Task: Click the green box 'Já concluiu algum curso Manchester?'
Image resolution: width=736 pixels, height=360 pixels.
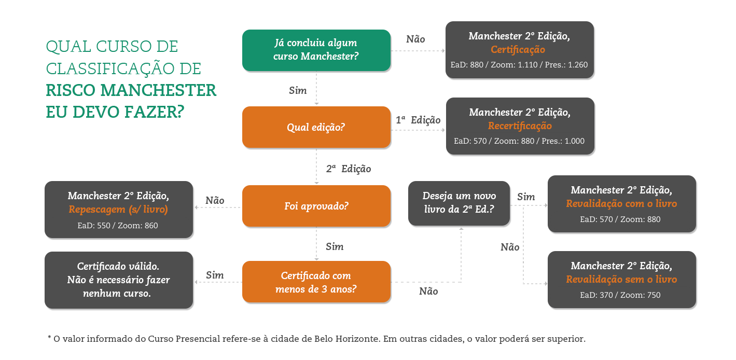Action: pos(316,50)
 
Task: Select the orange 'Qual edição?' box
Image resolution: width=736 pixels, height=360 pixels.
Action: pos(316,127)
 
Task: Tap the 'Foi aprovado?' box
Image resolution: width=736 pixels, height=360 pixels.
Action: pos(316,206)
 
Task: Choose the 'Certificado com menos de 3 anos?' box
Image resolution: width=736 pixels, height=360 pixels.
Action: pos(316,282)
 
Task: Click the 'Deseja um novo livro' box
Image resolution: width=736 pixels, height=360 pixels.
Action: pos(459,203)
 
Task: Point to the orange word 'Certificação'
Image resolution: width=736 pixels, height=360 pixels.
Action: pos(518,50)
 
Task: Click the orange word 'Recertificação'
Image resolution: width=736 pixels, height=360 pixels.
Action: pos(520,126)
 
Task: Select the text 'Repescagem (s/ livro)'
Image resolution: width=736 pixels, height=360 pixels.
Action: pos(118,210)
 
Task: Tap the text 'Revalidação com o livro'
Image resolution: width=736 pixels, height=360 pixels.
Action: pos(621,204)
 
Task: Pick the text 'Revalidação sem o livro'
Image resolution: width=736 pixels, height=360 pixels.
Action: pos(621,280)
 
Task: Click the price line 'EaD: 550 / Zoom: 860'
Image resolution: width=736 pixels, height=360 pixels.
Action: pos(118,226)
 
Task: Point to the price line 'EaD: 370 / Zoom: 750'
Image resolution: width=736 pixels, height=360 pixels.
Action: pos(621,295)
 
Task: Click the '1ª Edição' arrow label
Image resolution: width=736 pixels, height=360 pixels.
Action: pos(418,120)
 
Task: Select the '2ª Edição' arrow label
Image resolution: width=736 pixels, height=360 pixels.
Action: pos(349,169)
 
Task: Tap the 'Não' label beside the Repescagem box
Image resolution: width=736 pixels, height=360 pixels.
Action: pos(215,200)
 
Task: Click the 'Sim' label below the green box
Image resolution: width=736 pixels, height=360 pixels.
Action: pos(298,91)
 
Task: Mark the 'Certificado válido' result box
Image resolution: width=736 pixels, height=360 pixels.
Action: pos(118,280)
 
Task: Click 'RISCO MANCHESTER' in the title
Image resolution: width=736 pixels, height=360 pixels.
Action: pos(131,90)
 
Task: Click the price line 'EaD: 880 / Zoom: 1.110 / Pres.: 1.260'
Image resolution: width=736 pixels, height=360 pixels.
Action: pos(519,65)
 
